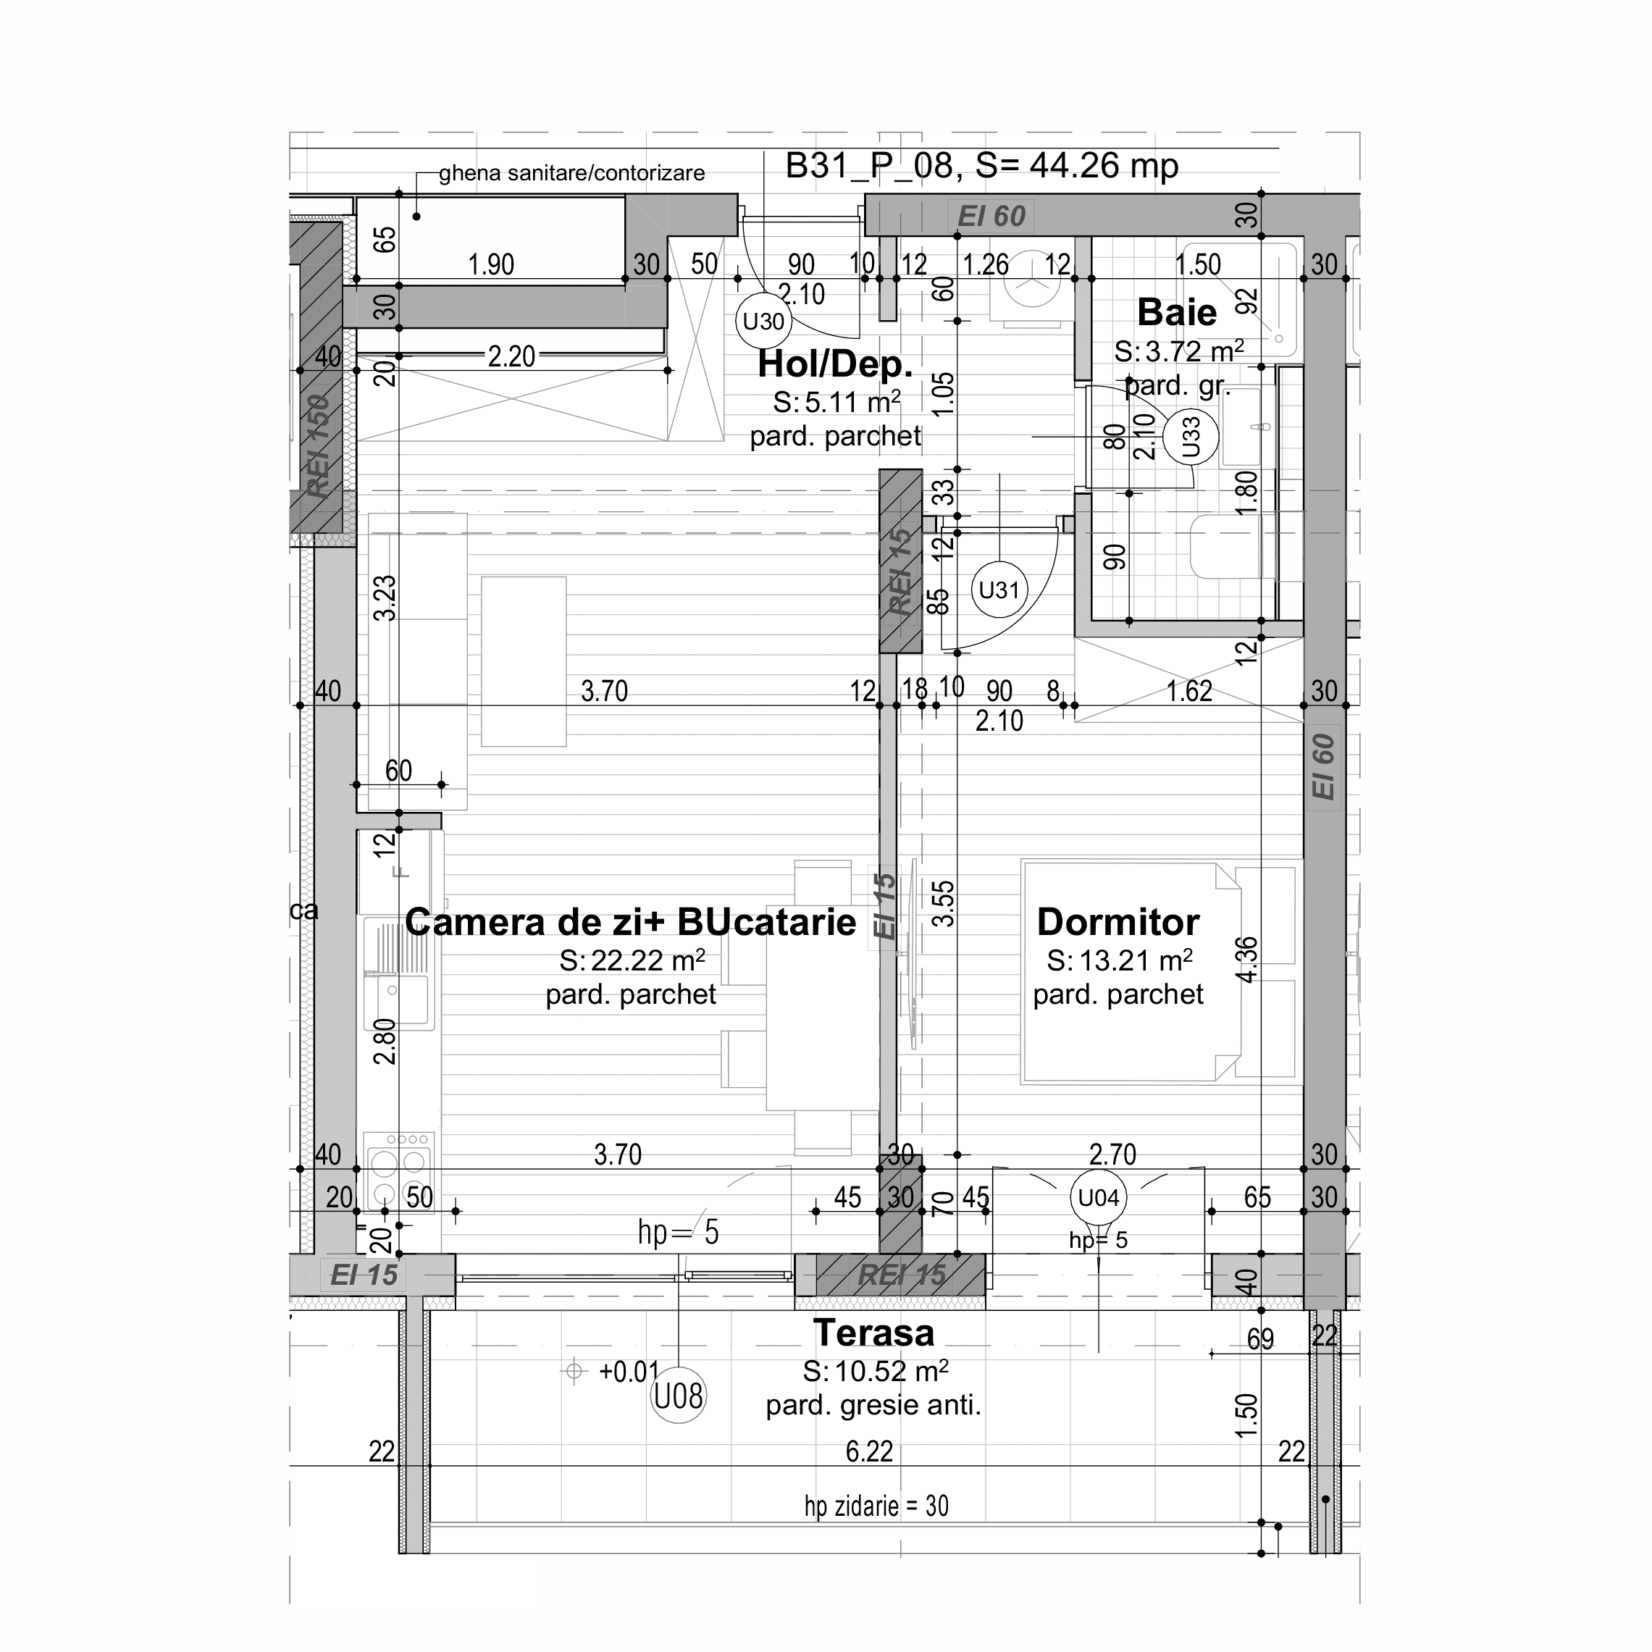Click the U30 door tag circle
click(x=763, y=322)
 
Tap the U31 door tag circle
click(x=999, y=590)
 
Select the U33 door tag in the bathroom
click(x=1190, y=437)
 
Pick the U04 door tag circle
click(x=1098, y=1198)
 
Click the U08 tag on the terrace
click(x=678, y=1396)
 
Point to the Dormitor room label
click(x=1118, y=923)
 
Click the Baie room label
click(x=1177, y=313)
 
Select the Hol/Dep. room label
click(x=835, y=365)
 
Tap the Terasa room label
click(x=873, y=1333)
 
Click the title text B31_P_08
click(x=869, y=166)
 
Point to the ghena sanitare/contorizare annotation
click(x=571, y=174)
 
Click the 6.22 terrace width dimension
click(x=869, y=1452)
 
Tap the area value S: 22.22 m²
click(x=632, y=961)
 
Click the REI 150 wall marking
click(x=318, y=446)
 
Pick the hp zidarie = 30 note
click(x=876, y=1506)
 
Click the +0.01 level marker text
click(x=629, y=1372)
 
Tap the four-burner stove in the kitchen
click(x=398, y=1170)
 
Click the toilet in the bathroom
click(x=1225, y=548)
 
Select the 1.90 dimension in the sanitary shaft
click(x=491, y=265)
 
